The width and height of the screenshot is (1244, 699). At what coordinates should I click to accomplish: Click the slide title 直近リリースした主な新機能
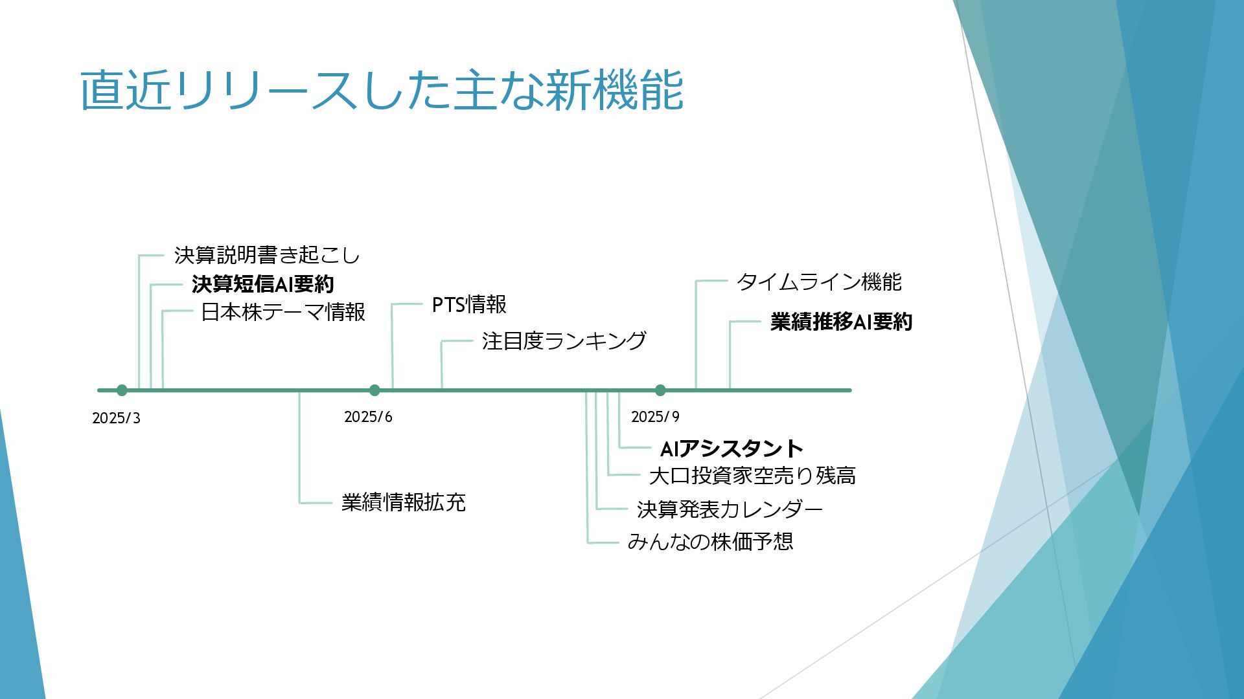tap(382, 90)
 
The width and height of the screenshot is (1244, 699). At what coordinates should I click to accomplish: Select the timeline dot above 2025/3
tap(122, 390)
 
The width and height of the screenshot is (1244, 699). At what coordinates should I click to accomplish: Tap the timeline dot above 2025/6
tap(374, 390)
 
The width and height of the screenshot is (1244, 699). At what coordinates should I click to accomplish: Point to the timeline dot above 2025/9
tap(660, 390)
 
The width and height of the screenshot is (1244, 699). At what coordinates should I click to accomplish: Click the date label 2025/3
tap(116, 418)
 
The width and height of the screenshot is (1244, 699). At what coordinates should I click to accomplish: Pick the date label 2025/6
tap(368, 417)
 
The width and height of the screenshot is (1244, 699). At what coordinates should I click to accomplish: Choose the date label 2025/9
tap(655, 417)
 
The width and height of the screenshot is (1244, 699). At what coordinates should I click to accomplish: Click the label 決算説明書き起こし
tap(266, 256)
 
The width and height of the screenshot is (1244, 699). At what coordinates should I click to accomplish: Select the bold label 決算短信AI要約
tap(262, 284)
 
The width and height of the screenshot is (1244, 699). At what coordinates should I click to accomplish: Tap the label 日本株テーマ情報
tap(283, 312)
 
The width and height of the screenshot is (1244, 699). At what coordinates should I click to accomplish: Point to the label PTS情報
tap(469, 304)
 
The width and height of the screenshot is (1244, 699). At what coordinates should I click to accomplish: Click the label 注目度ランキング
tap(564, 341)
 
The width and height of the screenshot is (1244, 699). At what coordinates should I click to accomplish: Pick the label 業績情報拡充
tap(403, 502)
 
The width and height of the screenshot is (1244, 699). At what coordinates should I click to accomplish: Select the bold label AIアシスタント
tap(731, 448)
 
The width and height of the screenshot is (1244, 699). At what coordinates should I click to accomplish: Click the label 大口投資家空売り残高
tap(752, 476)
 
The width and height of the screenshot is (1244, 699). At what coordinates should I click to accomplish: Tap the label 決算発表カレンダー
tap(730, 509)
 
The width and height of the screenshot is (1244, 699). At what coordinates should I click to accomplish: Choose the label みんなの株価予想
tap(710, 541)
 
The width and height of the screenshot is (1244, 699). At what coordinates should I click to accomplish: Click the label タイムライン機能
tap(818, 282)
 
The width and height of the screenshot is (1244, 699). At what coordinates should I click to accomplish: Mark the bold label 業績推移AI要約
tap(841, 322)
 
